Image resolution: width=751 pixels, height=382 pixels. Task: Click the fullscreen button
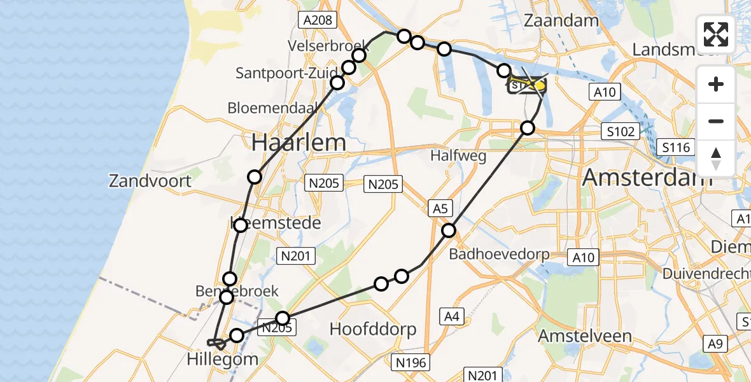[x=716, y=34]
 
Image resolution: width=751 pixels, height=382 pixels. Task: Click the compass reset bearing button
[x=716, y=159]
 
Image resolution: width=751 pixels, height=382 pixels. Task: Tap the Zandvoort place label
[x=150, y=181]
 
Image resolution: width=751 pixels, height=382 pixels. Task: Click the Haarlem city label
[x=298, y=143]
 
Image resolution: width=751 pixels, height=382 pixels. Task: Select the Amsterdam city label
[x=647, y=176]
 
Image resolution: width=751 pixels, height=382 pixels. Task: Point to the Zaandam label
[x=561, y=20]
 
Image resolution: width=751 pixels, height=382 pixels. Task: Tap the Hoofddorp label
[x=373, y=329]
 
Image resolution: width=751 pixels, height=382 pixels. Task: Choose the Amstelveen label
[x=585, y=336]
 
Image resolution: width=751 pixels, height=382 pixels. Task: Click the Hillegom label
[x=223, y=359]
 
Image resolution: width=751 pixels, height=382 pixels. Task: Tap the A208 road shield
[x=318, y=20]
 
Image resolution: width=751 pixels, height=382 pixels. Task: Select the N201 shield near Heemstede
[x=295, y=256]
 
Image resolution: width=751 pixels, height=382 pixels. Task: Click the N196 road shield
[x=412, y=362]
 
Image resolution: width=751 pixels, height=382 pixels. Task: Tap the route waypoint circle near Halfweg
[x=528, y=128]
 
